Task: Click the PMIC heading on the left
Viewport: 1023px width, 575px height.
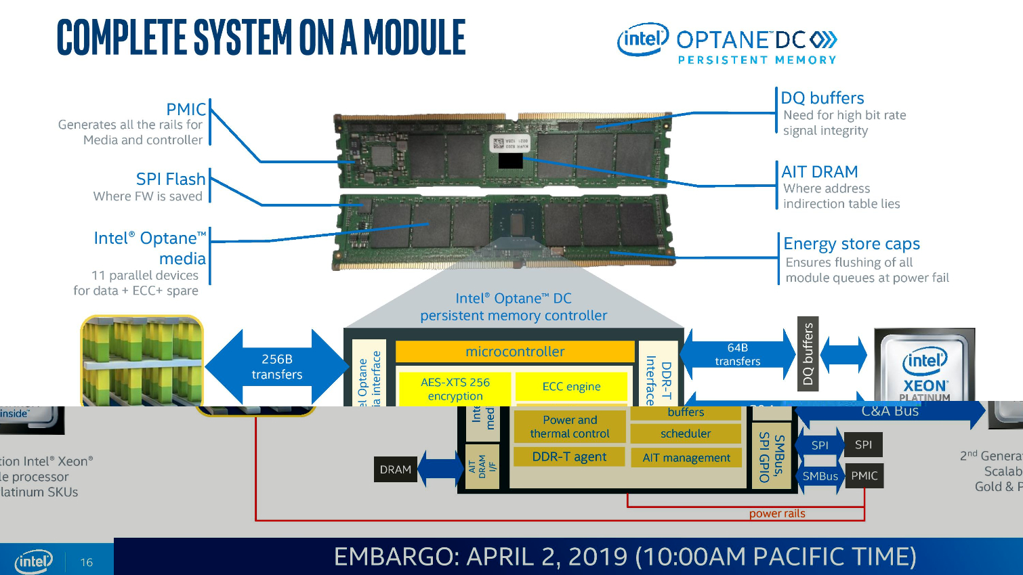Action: tap(186, 109)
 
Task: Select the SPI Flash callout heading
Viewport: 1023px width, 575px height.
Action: tap(170, 179)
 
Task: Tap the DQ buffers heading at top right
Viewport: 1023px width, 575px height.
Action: tap(822, 98)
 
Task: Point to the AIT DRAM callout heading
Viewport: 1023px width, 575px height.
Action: tap(819, 172)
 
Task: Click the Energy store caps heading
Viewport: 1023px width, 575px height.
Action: tap(851, 244)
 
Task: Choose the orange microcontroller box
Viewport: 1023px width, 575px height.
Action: tap(515, 352)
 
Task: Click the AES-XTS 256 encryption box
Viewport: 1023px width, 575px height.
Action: tap(455, 389)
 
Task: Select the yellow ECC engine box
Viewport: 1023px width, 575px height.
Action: tap(571, 387)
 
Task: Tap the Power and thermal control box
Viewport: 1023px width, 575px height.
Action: tap(569, 427)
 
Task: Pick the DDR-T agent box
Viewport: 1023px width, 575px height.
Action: tap(569, 456)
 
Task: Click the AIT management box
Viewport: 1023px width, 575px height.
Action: tap(686, 458)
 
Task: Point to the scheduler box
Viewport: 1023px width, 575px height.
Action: tap(686, 433)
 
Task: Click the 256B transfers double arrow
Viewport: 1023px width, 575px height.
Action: tap(276, 366)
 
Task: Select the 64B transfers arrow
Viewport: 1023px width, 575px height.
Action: tap(737, 354)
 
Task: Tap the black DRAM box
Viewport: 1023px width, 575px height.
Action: tap(396, 469)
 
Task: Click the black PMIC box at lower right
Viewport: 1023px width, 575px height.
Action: tap(864, 475)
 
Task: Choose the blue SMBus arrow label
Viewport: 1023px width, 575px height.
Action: tap(820, 476)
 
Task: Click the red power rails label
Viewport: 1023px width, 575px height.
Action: tap(777, 513)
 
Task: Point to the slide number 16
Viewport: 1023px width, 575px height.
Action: tap(87, 562)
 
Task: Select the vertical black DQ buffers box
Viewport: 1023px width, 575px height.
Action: tap(808, 354)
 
